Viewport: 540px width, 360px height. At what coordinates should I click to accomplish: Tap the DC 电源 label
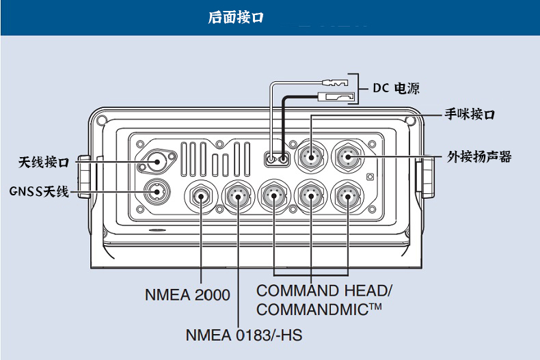[396, 88]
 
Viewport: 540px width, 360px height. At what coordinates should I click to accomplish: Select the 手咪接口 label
[470, 115]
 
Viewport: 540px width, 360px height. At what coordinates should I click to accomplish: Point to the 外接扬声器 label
[479, 157]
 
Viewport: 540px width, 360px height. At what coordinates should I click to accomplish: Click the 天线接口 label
[43, 162]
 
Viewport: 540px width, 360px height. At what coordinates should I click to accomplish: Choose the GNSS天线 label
[40, 191]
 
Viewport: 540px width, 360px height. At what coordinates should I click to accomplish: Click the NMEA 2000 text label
[187, 295]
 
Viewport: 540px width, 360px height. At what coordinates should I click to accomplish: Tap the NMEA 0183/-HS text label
[243, 335]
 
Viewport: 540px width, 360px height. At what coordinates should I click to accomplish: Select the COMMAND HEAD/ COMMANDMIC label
[324, 299]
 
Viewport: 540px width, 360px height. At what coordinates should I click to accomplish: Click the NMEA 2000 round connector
[202, 197]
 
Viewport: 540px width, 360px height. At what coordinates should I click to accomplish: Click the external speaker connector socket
[348, 158]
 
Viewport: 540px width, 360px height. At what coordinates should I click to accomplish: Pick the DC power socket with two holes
[277, 160]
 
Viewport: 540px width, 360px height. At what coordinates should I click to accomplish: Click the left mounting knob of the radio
[83, 177]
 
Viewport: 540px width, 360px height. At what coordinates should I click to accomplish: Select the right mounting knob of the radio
[424, 177]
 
